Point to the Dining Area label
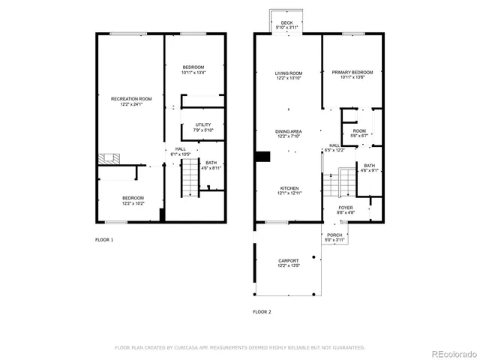288,133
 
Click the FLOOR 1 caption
104,239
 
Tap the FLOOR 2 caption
262,310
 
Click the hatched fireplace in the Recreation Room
109,159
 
